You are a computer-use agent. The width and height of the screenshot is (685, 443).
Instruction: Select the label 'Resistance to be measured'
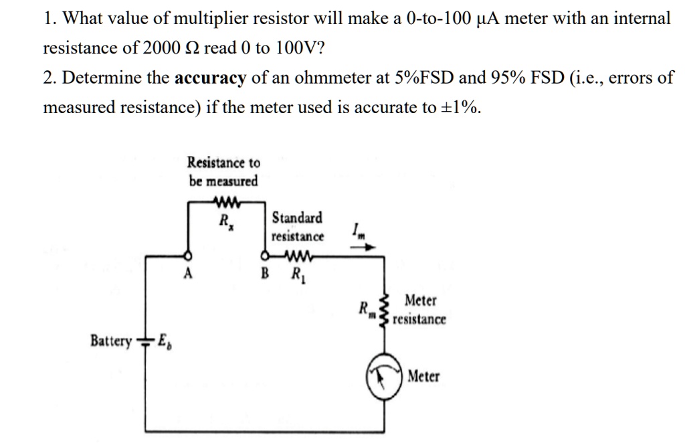[x=223, y=171]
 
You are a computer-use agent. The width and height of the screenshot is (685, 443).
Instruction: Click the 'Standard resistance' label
[x=297, y=227]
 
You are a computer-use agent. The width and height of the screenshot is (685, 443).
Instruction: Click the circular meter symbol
[x=385, y=378]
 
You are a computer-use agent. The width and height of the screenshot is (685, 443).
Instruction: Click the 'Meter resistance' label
[x=419, y=310]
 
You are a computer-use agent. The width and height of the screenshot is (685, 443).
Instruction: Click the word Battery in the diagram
[x=110, y=342]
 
